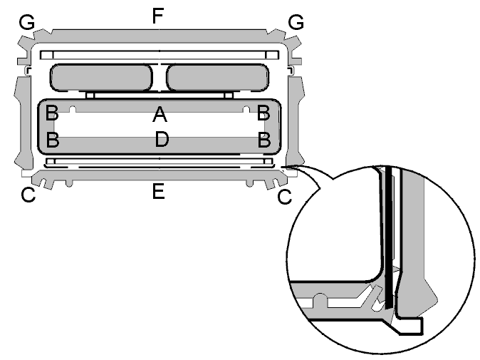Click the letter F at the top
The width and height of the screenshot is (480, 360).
pos(158,16)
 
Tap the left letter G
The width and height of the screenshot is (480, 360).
pos(26,22)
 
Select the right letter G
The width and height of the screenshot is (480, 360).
pos(296,22)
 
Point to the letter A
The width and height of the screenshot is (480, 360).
pos(160,114)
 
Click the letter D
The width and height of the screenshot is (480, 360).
pos(162,139)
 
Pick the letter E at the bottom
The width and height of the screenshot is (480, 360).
pos(159,191)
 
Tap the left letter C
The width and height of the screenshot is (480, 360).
pos(28,195)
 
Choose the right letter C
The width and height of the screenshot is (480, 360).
pos(285,197)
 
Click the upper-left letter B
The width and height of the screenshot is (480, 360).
pos(52,113)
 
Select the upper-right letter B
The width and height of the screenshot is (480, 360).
pos(264,113)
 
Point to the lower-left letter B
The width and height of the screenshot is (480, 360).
pos(53,140)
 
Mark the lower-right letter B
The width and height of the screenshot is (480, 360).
pos(264,140)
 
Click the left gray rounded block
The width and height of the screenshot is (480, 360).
pos(101,78)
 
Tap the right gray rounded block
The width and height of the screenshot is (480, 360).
pos(218,78)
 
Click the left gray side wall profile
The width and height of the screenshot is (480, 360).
pos(24,123)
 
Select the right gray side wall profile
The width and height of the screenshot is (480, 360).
pos(295,123)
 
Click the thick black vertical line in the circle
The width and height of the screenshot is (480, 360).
pos(388,237)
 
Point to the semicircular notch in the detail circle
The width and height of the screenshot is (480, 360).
pos(320,299)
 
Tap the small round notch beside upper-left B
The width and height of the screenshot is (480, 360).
pos(72,109)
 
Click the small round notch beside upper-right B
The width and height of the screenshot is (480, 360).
pos(246,109)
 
